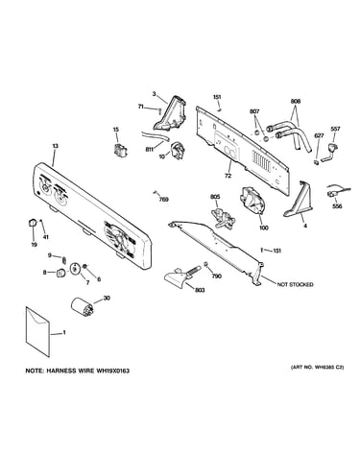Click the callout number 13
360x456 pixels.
pyautogui.click(x=55, y=146)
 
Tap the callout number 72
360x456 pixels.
pyautogui.click(x=228, y=176)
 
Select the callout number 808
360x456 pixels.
pyautogui.click(x=296, y=102)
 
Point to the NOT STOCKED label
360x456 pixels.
pyautogui.click(x=295, y=284)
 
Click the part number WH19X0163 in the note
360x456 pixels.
pyautogui.click(x=112, y=371)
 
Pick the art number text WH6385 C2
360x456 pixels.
pyautogui.click(x=325, y=368)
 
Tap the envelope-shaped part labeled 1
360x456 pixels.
pyautogui.click(x=37, y=331)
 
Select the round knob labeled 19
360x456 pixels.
pyautogui.click(x=32, y=223)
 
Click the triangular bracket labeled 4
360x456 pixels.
pyautogui.click(x=298, y=202)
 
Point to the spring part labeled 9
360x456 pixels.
pyautogui.click(x=63, y=259)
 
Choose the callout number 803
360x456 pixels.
pyautogui.click(x=200, y=290)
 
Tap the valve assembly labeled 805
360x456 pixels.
pyautogui.click(x=223, y=218)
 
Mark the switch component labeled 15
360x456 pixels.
pyautogui.click(x=119, y=150)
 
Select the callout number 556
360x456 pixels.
pyautogui.click(x=337, y=206)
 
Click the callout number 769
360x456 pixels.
pyautogui.click(x=164, y=200)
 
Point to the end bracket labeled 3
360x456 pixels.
pyautogui.click(x=170, y=113)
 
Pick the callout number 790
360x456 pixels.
pyautogui.click(x=217, y=276)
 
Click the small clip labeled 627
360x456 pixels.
pyautogui.click(x=316, y=161)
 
